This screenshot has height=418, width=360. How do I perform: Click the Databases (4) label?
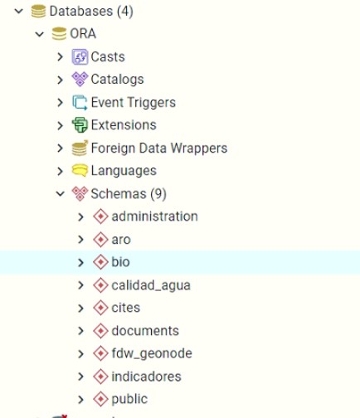pos(91,12)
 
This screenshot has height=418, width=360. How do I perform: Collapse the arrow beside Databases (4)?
pos(19,12)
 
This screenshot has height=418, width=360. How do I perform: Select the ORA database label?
pos(83,34)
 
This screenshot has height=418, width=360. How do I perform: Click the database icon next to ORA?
pos(59,34)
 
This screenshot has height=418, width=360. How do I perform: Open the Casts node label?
pos(108,57)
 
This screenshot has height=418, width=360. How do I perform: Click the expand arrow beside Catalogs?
pos(60,80)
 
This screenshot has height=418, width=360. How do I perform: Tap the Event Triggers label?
pos(134,102)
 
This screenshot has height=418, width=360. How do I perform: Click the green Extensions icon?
pos(80,125)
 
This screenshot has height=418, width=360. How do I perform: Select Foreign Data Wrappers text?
pos(159,148)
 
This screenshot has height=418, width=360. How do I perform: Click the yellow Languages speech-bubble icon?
pos(80,171)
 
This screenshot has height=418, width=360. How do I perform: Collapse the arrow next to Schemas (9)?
pos(60,194)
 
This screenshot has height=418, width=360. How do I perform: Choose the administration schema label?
pos(154,216)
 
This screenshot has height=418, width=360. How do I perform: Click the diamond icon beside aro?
pos(100,240)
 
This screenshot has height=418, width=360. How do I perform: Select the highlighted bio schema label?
pos(120,262)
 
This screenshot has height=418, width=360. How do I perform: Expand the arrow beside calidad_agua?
pos(80,285)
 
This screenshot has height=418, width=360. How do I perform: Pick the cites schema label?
pos(126,308)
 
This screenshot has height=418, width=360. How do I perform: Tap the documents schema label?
pos(145,331)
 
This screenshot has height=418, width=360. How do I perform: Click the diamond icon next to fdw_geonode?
pos(100,353)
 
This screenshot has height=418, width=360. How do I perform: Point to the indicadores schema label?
pos(146,377)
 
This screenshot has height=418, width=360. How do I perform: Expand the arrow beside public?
pos(80,400)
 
